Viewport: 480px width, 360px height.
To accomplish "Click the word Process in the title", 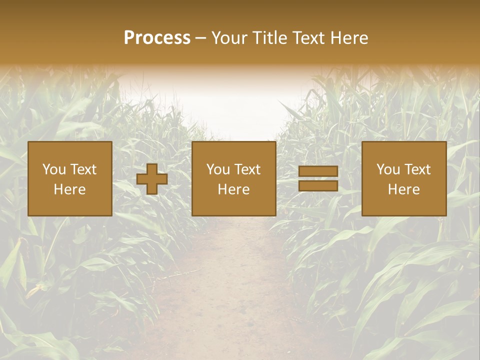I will [157, 38].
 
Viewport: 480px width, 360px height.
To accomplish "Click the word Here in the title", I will [350, 38].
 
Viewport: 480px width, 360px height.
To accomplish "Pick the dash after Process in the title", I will [201, 38].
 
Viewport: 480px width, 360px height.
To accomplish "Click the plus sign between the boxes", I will [152, 179].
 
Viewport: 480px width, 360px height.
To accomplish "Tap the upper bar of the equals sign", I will [318, 171].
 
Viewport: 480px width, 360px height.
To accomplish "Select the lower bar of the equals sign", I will [318, 186].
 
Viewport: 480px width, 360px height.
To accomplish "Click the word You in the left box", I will [54, 169].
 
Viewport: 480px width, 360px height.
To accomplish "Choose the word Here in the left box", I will [69, 189].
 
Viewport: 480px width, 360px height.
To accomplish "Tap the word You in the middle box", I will [218, 169].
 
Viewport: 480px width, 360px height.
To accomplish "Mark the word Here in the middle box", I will [233, 189].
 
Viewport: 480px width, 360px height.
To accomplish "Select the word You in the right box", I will [388, 169].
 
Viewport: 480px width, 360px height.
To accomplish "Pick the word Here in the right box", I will [403, 189].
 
